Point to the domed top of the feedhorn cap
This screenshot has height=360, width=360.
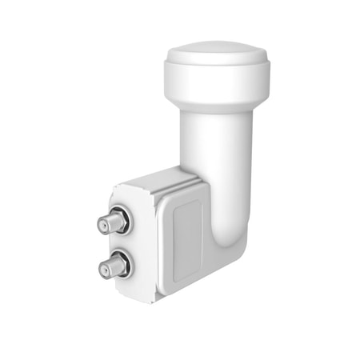point(217,54)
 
